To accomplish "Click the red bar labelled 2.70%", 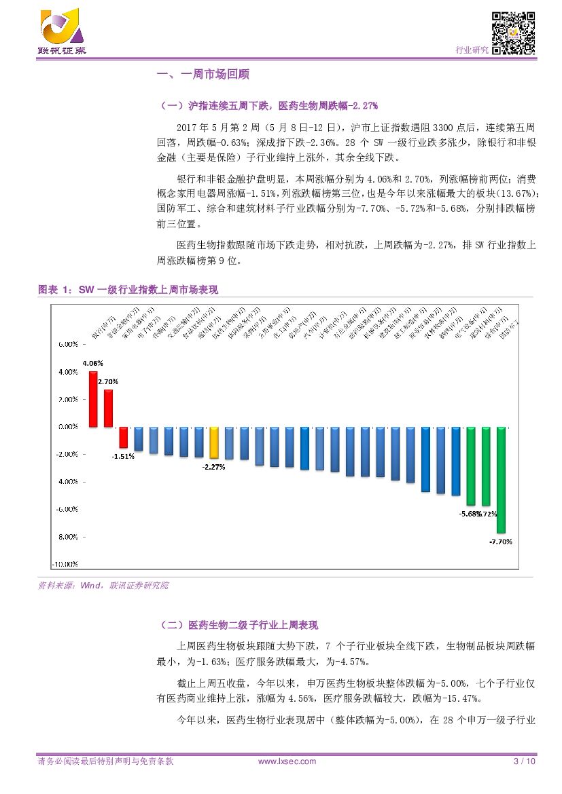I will pos(108,408).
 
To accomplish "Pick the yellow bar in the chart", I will pos(214,443).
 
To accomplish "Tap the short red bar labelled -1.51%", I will pos(124,437).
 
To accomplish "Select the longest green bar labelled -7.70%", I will pos(501,479).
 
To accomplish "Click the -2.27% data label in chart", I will pos(214,467).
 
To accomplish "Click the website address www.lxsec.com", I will pos(287,761).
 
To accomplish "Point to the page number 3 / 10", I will pos(524,761).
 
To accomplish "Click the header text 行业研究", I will pos(471,50).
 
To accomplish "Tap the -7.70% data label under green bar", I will pos(501,542).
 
